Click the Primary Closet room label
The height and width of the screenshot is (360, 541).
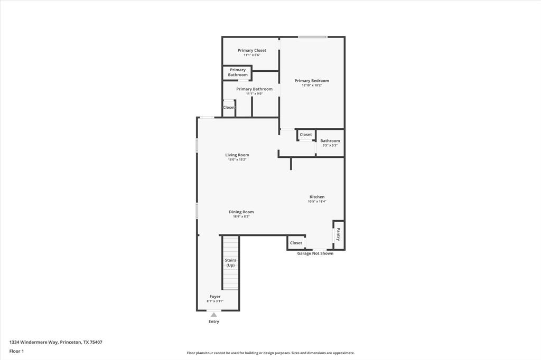click(x=251, y=50)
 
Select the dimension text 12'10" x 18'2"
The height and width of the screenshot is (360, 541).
click(x=312, y=85)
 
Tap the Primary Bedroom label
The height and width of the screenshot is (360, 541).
click(x=312, y=81)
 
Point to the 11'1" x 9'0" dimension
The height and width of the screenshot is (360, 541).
click(x=255, y=93)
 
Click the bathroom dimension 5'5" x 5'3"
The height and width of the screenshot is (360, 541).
click(x=330, y=145)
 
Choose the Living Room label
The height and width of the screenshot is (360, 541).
click(x=237, y=155)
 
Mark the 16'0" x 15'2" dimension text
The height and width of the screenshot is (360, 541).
click(x=237, y=159)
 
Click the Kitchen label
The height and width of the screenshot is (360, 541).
click(x=317, y=197)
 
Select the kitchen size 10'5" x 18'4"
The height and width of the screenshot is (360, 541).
click(x=318, y=201)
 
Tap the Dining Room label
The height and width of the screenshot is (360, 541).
click(x=241, y=212)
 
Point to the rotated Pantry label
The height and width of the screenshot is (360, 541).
click(x=338, y=234)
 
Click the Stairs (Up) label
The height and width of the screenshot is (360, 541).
click(x=230, y=262)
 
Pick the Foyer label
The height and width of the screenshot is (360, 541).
click(x=215, y=297)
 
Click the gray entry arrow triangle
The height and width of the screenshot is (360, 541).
click(x=214, y=315)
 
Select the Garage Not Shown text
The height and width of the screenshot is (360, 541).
click(x=315, y=253)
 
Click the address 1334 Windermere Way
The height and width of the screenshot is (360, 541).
click(x=34, y=342)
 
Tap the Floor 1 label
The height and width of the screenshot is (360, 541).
click(x=16, y=351)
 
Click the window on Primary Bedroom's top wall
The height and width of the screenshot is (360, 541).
click(x=312, y=37)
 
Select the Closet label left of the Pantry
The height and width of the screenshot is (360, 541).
click(x=296, y=243)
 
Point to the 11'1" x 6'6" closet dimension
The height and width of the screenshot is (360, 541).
click(x=251, y=55)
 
